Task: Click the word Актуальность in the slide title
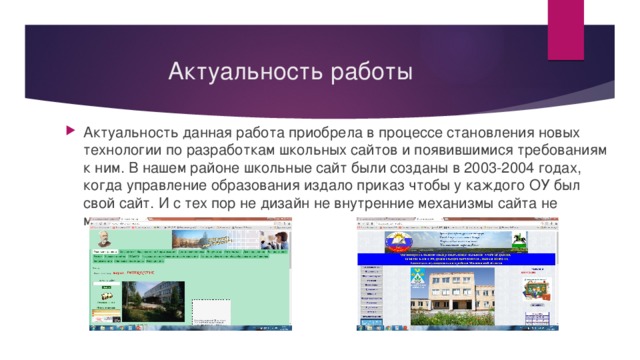pos(222,73)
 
